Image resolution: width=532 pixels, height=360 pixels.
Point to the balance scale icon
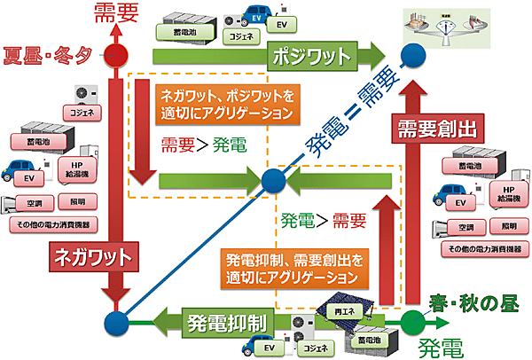[444, 24]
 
